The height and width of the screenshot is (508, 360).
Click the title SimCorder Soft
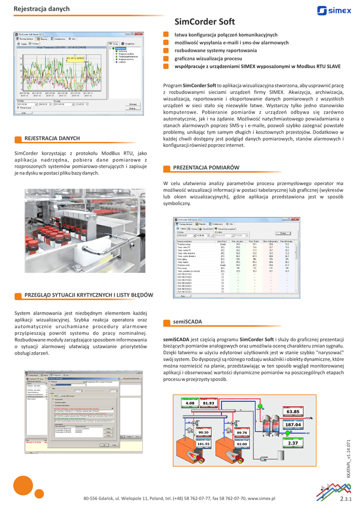point(205,22)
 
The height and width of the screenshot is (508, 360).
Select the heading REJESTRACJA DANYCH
point(52,138)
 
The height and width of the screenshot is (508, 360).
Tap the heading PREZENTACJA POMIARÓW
point(206,168)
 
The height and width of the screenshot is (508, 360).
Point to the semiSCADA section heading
point(187,321)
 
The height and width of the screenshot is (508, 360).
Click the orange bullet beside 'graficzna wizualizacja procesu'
point(166,59)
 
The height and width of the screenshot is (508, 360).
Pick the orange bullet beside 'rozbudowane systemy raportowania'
point(166,51)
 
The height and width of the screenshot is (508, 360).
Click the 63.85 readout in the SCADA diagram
point(293,412)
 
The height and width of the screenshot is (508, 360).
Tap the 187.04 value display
point(293,425)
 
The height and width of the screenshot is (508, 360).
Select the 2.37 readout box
point(293,443)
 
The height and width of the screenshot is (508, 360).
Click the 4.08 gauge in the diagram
point(190,403)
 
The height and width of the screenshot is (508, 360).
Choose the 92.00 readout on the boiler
point(242,444)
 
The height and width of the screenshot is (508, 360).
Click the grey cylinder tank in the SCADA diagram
point(281,454)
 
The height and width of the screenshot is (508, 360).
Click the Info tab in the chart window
point(72,38)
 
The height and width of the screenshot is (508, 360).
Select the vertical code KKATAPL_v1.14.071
point(349,459)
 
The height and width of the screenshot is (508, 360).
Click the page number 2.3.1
point(346,498)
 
